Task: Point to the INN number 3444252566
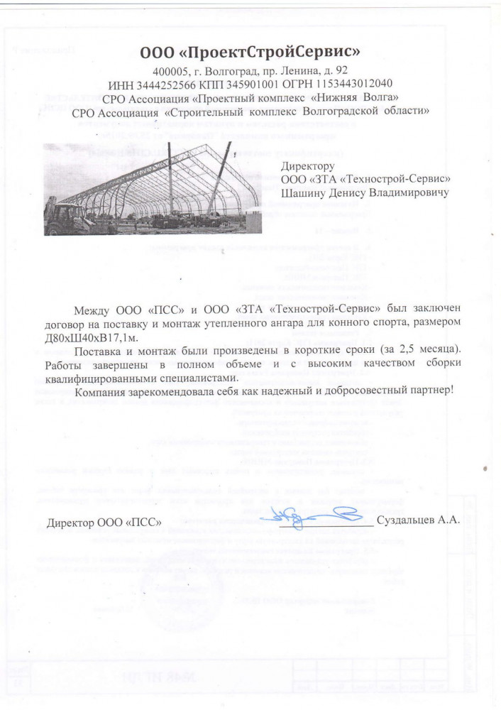tap(159, 84)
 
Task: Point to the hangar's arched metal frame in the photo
tap(163, 181)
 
